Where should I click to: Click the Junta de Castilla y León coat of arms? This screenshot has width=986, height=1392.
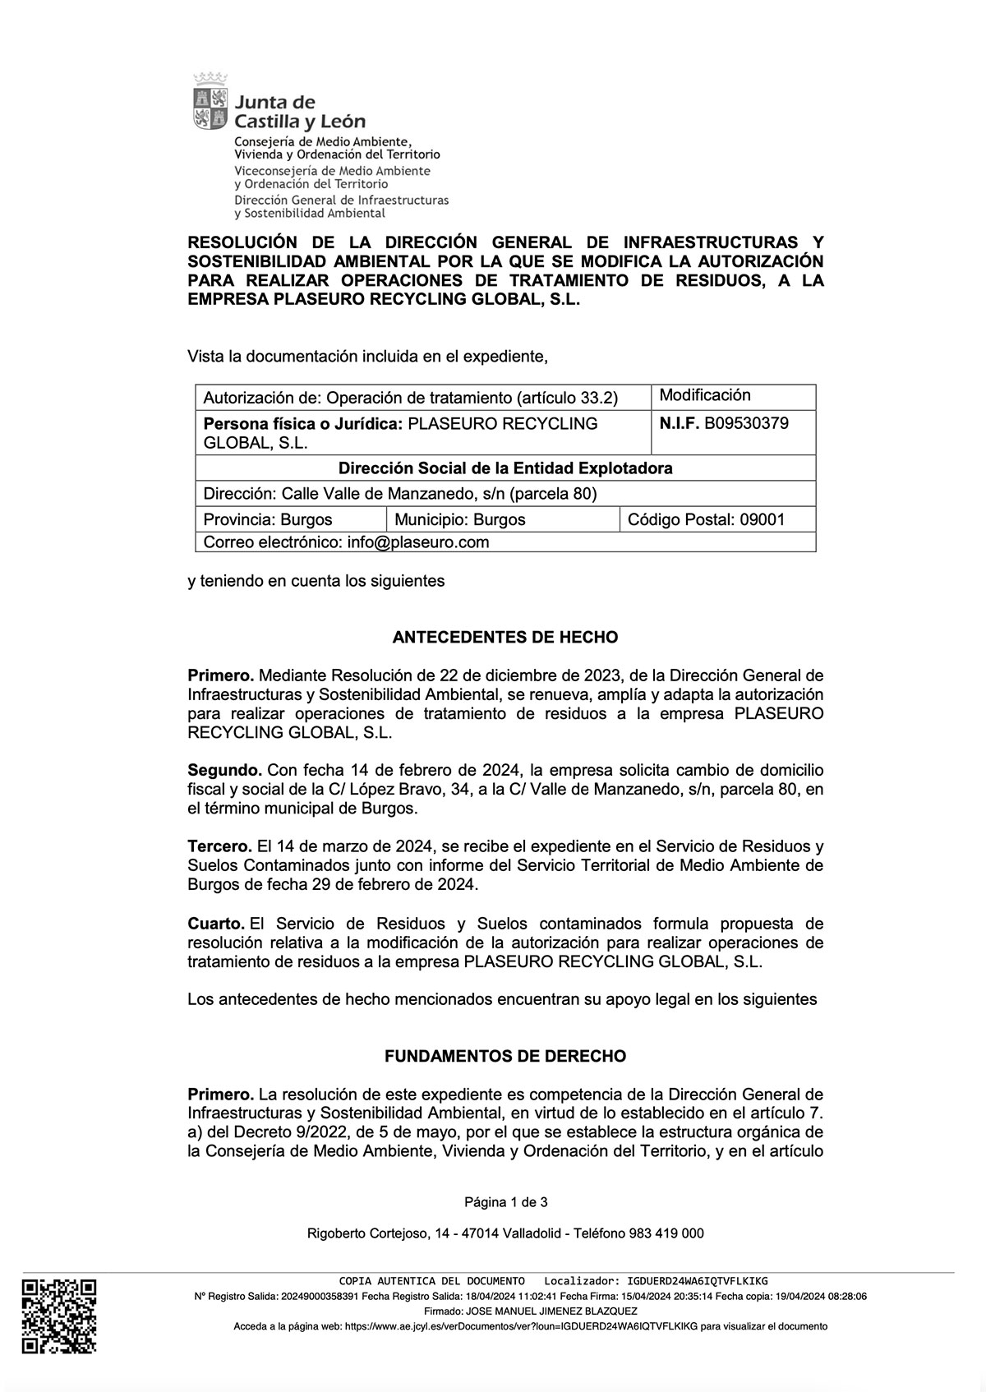[x=210, y=102]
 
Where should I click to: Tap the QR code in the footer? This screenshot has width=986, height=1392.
[x=58, y=1316]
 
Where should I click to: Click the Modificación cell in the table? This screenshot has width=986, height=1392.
[x=705, y=395]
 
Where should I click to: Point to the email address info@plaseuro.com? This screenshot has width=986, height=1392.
[x=418, y=542]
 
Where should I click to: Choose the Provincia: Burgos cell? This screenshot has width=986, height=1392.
[x=268, y=519]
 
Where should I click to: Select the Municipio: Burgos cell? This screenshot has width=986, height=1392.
[x=460, y=519]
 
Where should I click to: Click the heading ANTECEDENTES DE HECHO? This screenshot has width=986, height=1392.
[x=505, y=637]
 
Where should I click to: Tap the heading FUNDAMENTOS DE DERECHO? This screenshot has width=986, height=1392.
[x=505, y=1056]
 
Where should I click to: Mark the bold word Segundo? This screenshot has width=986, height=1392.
[x=224, y=771]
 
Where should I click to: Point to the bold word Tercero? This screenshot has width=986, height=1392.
[x=219, y=846]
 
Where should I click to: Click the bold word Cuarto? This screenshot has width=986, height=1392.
[x=215, y=924]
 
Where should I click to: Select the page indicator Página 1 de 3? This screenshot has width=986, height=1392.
[x=505, y=1202]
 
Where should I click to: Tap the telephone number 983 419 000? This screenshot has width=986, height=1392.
[x=666, y=1233]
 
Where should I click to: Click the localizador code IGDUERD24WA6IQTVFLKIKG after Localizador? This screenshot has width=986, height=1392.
[x=697, y=1281]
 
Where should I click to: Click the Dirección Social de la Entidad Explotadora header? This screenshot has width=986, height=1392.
[x=505, y=468]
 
